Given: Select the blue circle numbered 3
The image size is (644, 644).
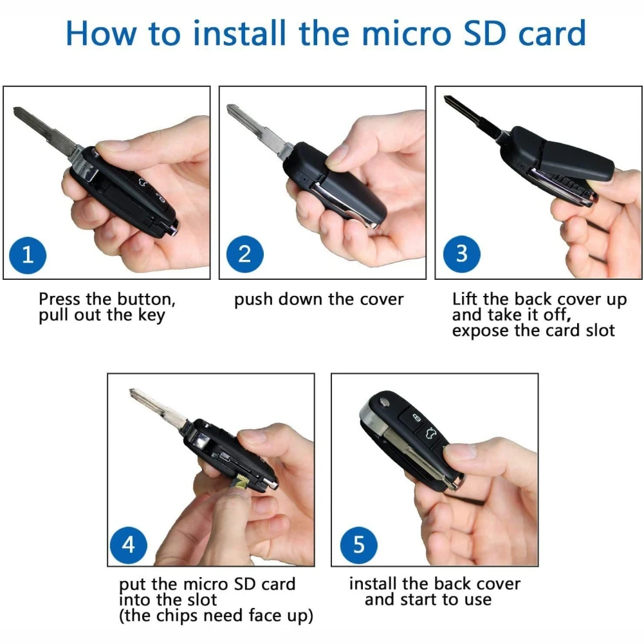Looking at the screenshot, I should tap(461, 254).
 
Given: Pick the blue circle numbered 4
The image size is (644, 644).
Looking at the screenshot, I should tap(129, 544).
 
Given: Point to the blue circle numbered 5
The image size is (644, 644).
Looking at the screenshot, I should tap(359, 544).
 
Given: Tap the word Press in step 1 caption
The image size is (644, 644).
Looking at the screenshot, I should tap(60, 300).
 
